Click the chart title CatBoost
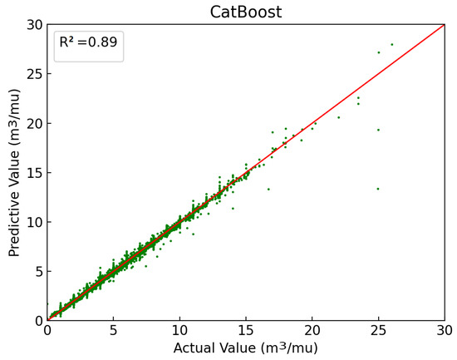(x=246, y=11)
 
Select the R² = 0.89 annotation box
(x=89, y=47)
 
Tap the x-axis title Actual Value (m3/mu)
(x=246, y=348)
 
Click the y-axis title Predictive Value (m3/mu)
(x=15, y=172)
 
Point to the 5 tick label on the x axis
(x=113, y=331)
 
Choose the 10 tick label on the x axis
(x=179, y=331)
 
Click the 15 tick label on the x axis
(x=246, y=331)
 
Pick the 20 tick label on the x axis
(x=312, y=331)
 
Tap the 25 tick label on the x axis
(x=378, y=331)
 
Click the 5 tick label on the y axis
(x=37, y=271)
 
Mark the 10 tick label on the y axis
(x=33, y=222)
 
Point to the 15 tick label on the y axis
(x=33, y=173)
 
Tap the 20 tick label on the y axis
(x=33, y=123)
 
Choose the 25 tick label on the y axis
(x=33, y=74)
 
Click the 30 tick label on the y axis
(x=33, y=25)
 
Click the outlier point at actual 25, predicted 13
(x=378, y=189)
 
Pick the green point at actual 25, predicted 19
(x=378, y=130)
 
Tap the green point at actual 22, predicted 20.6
(x=339, y=117)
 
